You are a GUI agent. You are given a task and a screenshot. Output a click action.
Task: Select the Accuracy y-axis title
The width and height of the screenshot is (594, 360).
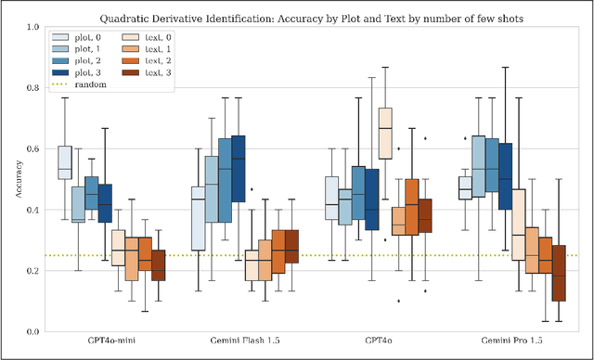click(11, 179)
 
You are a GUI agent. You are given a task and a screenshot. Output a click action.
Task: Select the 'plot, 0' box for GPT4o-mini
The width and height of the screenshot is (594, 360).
click(65, 161)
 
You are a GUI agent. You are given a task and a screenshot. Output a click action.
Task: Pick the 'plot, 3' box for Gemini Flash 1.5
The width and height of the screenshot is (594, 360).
click(238, 168)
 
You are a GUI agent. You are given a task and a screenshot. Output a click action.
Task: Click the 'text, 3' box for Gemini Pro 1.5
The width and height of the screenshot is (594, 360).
click(558, 273)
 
